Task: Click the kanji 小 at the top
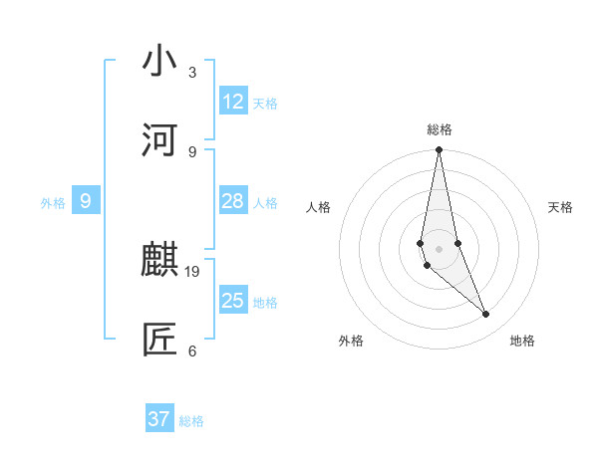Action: pos(159,62)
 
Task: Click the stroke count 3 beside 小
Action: pos(192,73)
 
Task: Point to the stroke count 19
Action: pos(192,271)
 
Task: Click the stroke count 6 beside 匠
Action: pos(192,351)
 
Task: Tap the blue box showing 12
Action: pos(233,102)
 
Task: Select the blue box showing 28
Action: pos(233,201)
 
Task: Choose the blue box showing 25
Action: pos(233,301)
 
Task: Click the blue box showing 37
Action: pos(159,419)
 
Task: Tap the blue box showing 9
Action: pos(86,201)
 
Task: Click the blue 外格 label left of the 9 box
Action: pos(53,203)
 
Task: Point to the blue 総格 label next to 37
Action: pos(191,421)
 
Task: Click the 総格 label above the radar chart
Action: pos(440,129)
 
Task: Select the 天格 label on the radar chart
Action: pos(561,207)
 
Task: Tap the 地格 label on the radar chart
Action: pos(522,341)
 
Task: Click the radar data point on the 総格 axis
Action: pos(439,150)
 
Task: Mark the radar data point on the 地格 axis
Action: pos(486,315)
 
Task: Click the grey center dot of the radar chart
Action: pos(439,248)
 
